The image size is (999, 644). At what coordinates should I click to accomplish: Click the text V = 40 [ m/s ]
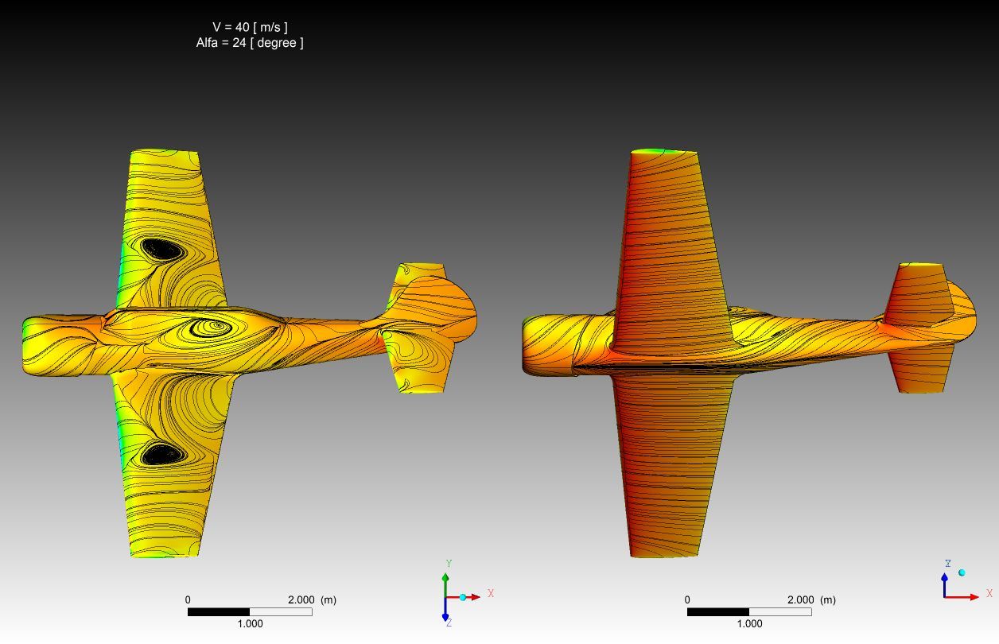click(x=250, y=27)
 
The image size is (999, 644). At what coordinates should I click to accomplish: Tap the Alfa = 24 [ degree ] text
click(x=250, y=43)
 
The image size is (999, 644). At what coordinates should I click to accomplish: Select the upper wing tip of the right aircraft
click(x=663, y=151)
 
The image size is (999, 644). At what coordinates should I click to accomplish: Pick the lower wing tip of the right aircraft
click(x=664, y=554)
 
